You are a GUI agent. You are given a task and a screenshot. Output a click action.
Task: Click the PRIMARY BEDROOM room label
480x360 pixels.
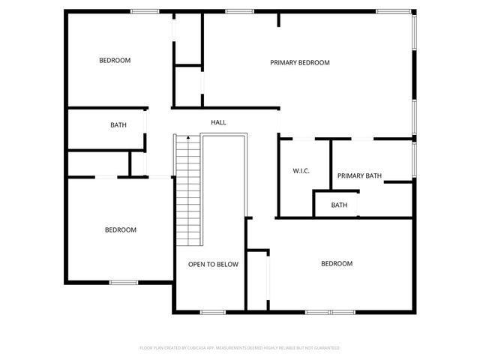[x=300, y=63]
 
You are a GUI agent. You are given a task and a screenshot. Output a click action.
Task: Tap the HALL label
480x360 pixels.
[x=218, y=122]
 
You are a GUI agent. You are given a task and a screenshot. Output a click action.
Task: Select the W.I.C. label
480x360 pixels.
[x=301, y=171]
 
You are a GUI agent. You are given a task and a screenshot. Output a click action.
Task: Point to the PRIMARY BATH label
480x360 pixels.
[x=359, y=176]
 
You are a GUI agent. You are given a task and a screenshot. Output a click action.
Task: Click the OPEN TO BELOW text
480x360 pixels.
[x=213, y=264]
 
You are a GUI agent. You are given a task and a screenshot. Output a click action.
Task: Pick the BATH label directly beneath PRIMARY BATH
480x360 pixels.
[x=340, y=205]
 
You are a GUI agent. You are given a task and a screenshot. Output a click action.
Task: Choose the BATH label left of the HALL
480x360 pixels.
[x=118, y=125]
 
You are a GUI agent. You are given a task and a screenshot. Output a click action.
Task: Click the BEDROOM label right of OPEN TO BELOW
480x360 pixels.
[x=337, y=263]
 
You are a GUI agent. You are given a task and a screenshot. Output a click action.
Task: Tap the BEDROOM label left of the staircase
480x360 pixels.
[x=121, y=229]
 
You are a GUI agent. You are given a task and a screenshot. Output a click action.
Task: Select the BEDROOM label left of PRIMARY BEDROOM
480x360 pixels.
[x=115, y=61]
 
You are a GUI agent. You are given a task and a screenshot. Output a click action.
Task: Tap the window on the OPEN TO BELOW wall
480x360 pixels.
[x=213, y=311]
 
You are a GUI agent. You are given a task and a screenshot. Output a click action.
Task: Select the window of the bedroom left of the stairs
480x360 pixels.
[x=124, y=282]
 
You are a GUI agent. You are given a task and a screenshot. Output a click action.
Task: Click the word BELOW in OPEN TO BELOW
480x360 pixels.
[x=226, y=264]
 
